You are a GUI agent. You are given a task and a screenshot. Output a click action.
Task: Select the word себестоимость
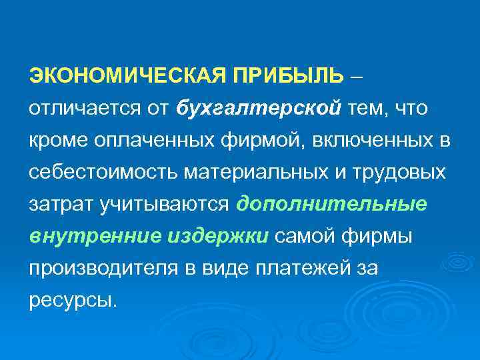pos(91,172)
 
